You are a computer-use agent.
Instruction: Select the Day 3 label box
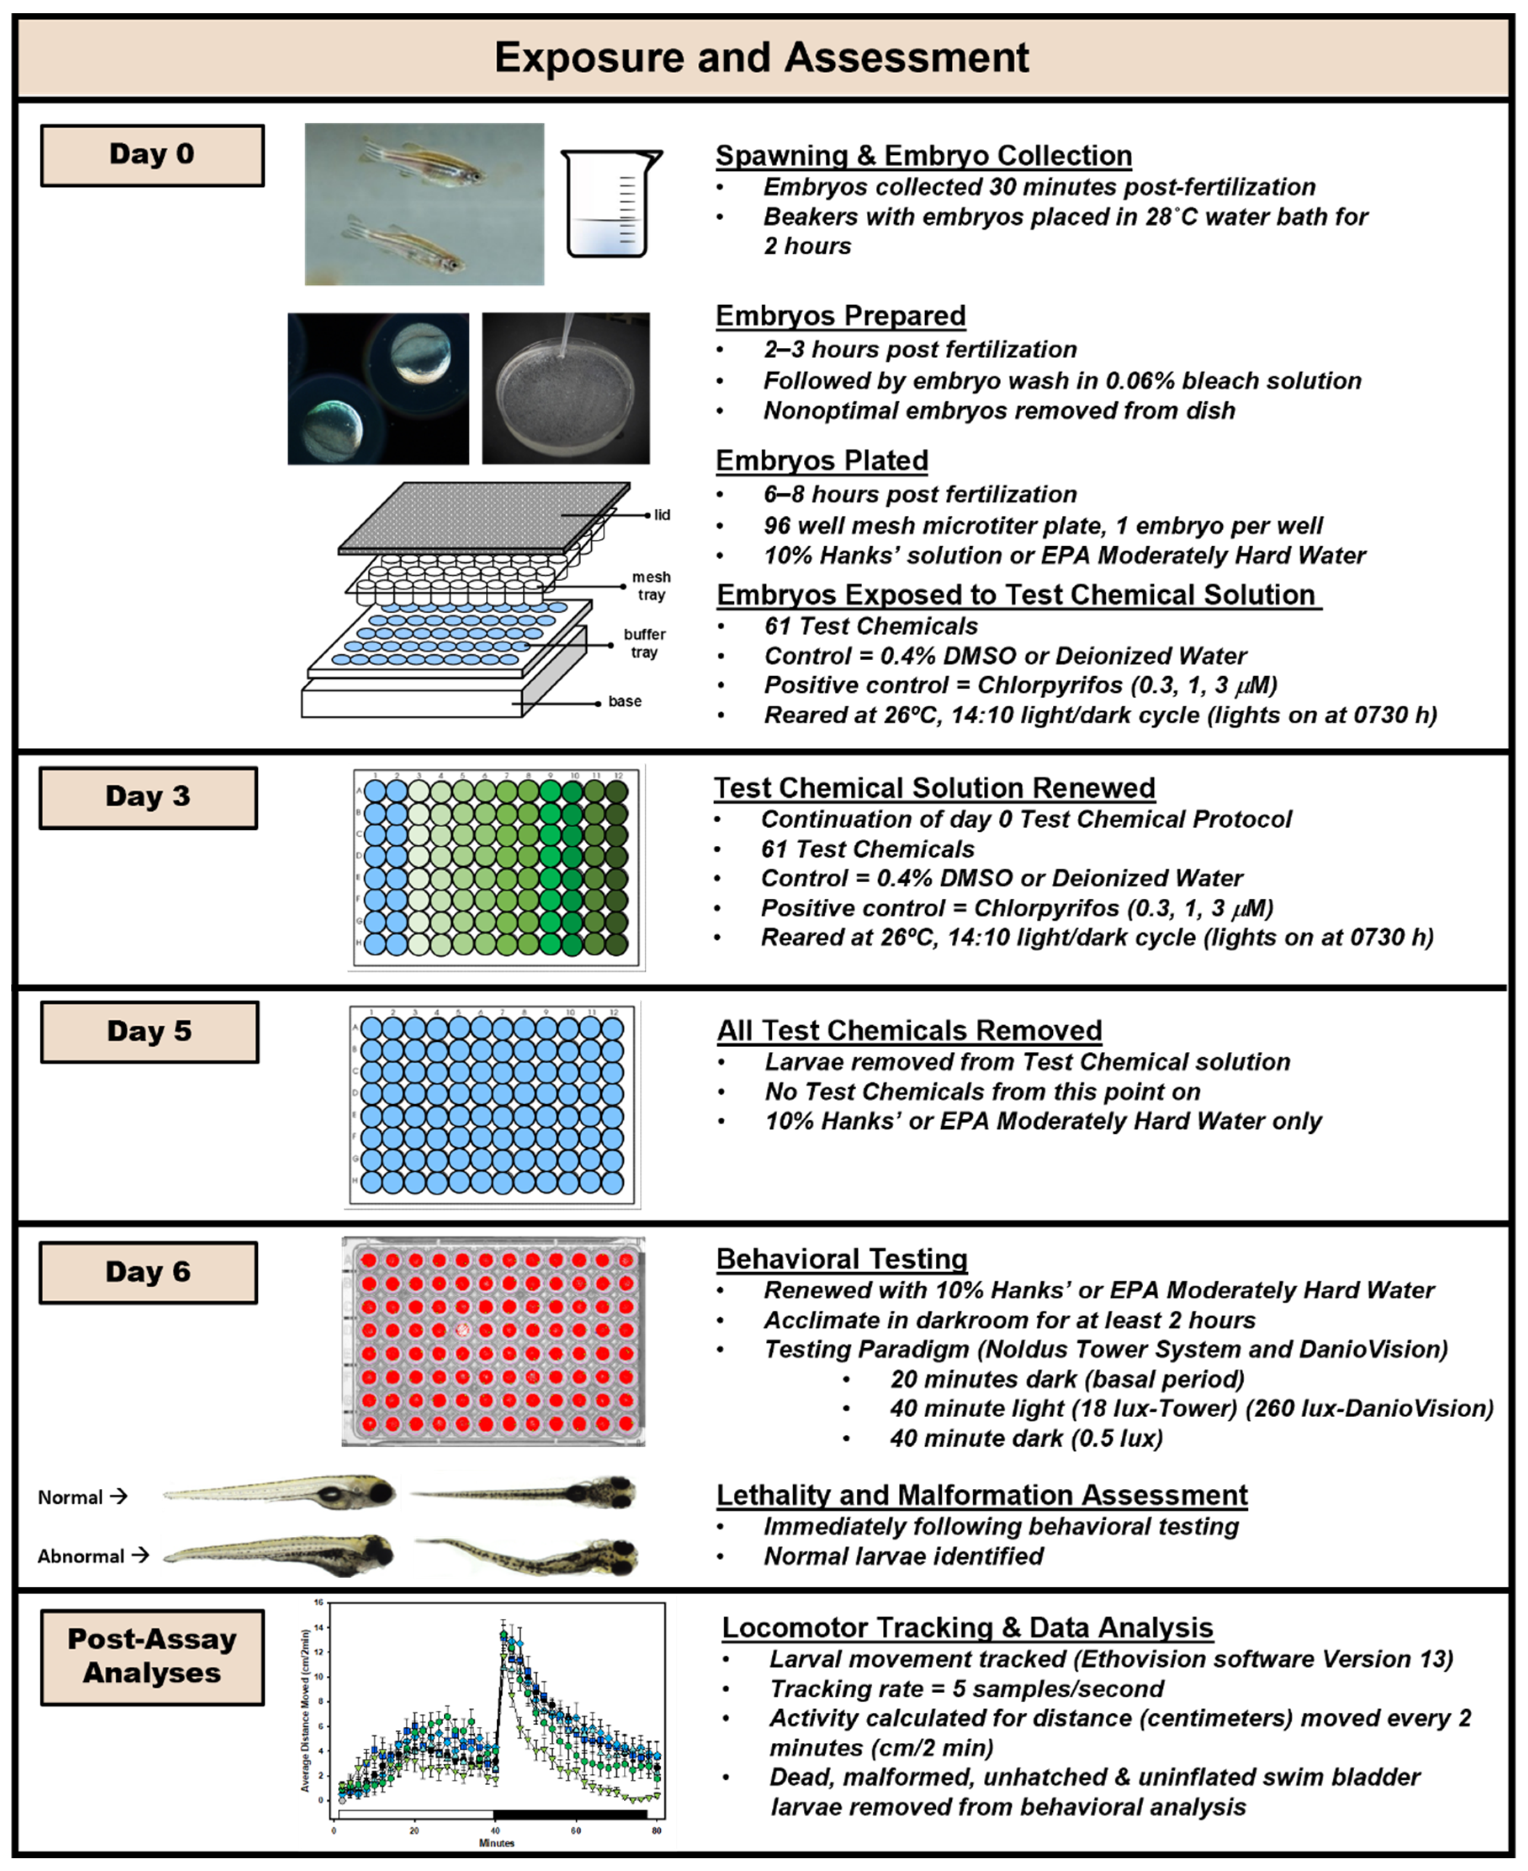148,797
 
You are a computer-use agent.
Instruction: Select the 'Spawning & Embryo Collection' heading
923,156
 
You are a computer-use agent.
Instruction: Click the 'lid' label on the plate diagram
662,515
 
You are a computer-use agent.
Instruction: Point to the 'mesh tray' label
651,586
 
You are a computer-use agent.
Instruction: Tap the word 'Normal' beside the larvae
70,1497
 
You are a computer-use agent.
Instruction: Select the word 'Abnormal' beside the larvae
81,1556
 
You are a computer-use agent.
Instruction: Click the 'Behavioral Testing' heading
842,1259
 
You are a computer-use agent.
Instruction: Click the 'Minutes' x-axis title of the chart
496,1842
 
